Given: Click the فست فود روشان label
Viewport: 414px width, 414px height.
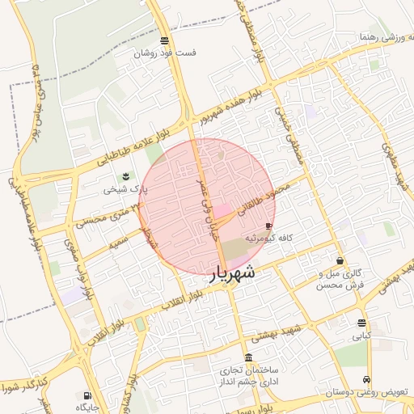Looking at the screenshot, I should (x=165, y=53).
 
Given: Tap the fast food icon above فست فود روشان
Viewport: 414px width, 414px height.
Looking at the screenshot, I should (x=165, y=40).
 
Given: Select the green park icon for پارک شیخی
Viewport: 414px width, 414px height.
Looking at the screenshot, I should (x=125, y=177).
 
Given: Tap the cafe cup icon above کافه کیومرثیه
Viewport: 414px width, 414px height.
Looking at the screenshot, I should (x=268, y=226).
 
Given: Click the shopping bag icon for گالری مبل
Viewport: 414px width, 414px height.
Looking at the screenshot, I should (x=339, y=261).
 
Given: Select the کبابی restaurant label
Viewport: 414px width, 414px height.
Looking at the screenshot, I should (x=361, y=335).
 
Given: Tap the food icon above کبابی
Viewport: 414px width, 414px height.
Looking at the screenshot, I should (x=361, y=323).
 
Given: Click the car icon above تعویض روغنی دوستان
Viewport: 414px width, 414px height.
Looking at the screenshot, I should (x=368, y=379).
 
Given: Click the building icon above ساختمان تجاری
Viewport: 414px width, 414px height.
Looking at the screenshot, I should (x=247, y=358).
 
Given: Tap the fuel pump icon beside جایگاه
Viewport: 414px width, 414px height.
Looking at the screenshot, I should (x=87, y=396).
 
